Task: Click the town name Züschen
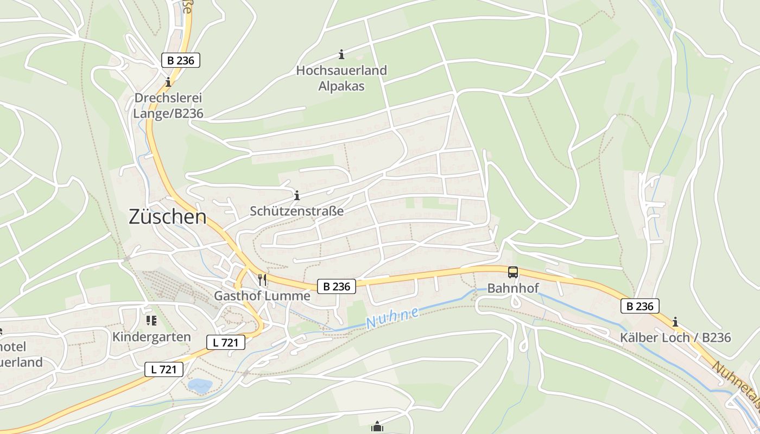click(x=168, y=217)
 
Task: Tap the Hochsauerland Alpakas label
click(x=341, y=78)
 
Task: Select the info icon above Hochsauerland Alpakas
click(x=341, y=54)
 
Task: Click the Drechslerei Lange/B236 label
click(x=168, y=106)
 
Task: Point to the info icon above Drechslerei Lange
click(x=168, y=82)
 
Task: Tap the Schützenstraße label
click(x=297, y=211)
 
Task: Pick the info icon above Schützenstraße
click(x=297, y=195)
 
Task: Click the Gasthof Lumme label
click(x=262, y=296)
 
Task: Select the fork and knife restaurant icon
click(x=262, y=279)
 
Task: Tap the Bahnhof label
click(x=513, y=288)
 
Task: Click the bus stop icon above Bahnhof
click(x=513, y=272)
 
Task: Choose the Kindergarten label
click(x=151, y=337)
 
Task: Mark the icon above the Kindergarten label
click(x=151, y=321)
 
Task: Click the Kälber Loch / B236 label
click(x=675, y=337)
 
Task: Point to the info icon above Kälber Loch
click(x=675, y=322)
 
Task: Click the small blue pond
click(x=200, y=386)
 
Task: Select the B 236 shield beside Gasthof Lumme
click(x=337, y=286)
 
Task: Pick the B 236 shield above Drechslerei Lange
click(x=181, y=60)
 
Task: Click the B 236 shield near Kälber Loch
click(x=640, y=306)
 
